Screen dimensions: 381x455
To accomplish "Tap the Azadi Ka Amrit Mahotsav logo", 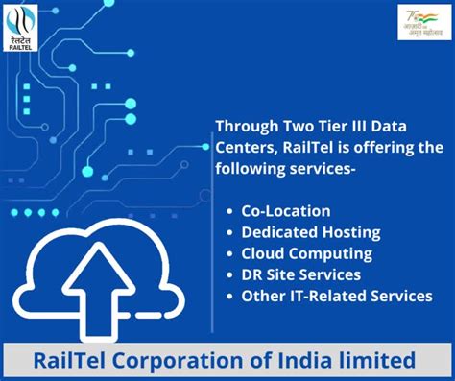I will [423, 22].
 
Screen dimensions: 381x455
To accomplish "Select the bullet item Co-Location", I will [286, 211].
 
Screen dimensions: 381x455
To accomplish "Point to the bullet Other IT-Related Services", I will [337, 296].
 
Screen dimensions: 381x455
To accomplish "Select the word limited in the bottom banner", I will [383, 361].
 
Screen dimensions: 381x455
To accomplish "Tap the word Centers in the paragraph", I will [242, 147].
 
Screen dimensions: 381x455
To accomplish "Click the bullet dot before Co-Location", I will [229, 211].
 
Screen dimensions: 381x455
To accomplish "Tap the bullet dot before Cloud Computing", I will [229, 253].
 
